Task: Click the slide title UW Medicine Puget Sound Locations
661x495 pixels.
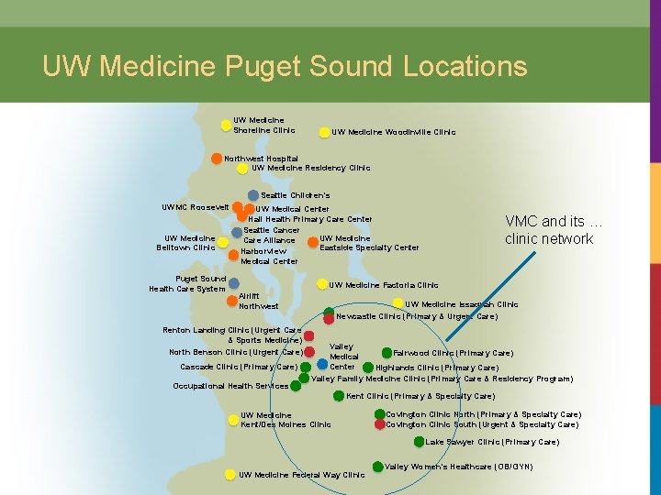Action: click(x=285, y=66)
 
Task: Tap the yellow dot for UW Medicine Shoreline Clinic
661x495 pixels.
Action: click(x=226, y=126)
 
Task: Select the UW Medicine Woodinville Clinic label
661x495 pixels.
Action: click(x=393, y=132)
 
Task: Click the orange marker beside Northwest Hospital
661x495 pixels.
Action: click(x=217, y=158)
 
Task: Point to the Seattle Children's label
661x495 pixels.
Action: click(x=296, y=195)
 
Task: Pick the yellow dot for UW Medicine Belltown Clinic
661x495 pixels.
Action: click(x=223, y=242)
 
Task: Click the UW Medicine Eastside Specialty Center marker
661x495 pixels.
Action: click(x=313, y=243)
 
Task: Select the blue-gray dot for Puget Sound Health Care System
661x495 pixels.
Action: click(x=234, y=283)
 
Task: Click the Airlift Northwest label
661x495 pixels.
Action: click(x=258, y=302)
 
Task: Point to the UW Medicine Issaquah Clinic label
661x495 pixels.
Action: click(x=462, y=304)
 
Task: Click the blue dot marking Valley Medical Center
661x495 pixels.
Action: click(x=322, y=364)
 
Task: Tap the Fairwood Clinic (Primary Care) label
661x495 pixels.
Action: click(x=453, y=353)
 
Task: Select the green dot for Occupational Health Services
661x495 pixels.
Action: click(x=297, y=386)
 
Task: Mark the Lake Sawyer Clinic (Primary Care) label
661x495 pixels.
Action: click(x=492, y=442)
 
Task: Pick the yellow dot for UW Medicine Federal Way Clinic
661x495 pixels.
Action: click(x=230, y=475)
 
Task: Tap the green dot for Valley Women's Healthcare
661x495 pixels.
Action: click(x=377, y=467)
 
